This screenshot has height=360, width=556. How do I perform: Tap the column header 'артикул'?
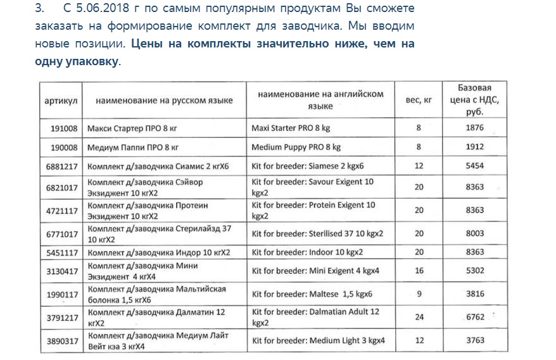click(x=61, y=101)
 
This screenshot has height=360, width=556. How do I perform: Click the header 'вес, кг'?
click(x=419, y=101)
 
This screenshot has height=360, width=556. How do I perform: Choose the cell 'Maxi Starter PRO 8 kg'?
click(x=291, y=128)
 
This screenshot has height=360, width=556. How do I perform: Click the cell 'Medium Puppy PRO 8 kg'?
click(x=296, y=147)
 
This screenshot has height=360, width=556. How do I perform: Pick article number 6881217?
click(x=61, y=167)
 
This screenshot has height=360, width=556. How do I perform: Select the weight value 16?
click(x=419, y=271)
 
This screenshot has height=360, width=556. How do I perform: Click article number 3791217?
click(x=62, y=318)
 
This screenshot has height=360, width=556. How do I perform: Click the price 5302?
click(x=474, y=271)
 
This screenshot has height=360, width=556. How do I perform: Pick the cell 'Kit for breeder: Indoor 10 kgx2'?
click(x=307, y=252)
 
